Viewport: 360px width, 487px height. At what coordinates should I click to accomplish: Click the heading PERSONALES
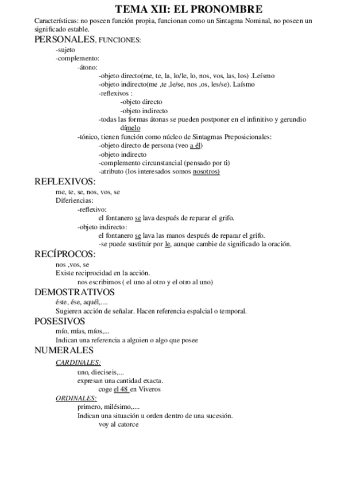click(64, 40)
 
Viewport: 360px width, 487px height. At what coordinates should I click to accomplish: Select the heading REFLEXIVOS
click(65, 182)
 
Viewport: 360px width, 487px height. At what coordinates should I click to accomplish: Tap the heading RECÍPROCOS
click(65, 253)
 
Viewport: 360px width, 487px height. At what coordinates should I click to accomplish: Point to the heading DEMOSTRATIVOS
click(75, 292)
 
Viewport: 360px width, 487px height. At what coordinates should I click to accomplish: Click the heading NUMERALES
click(64, 350)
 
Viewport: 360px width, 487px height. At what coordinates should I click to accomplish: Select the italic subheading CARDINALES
click(78, 362)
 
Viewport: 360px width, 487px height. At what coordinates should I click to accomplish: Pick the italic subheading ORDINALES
click(76, 398)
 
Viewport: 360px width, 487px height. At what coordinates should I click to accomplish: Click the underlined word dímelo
click(130, 128)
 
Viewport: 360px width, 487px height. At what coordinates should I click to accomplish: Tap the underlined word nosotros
click(206, 172)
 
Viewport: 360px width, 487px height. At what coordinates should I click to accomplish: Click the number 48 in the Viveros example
click(123, 389)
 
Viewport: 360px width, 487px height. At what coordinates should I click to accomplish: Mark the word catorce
click(127, 424)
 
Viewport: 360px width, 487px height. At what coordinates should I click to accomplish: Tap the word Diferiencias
click(74, 200)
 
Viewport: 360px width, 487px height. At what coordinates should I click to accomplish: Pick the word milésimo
click(118, 407)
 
